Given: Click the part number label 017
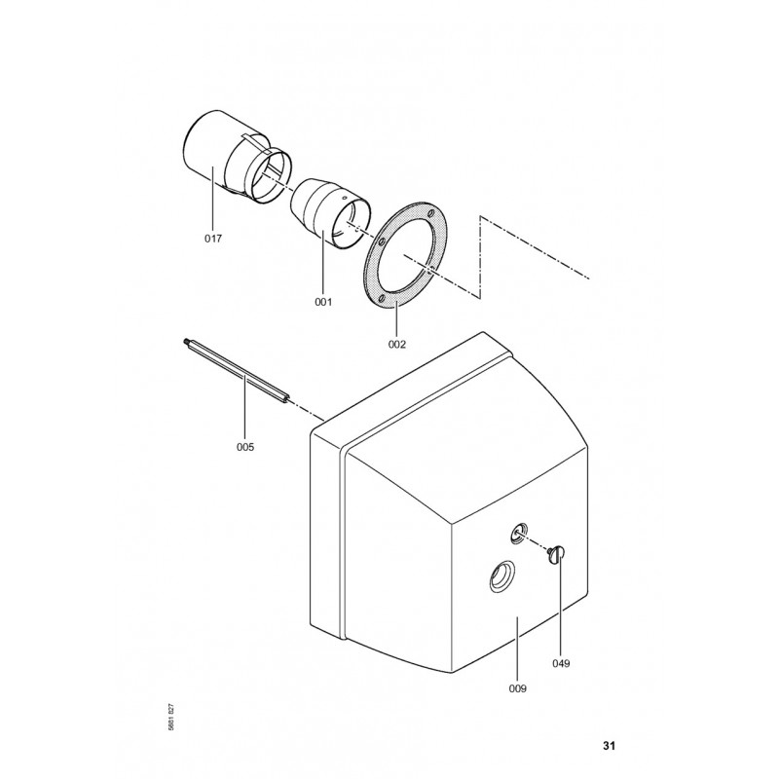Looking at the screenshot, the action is pyautogui.click(x=213, y=239).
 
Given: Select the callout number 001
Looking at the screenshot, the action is pyautogui.click(x=323, y=302).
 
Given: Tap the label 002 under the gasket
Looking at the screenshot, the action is pyautogui.click(x=396, y=345).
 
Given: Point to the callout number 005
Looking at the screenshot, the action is pyautogui.click(x=245, y=447).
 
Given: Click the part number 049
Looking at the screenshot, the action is pyautogui.click(x=561, y=663).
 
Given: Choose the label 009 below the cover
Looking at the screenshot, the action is pyautogui.click(x=517, y=688).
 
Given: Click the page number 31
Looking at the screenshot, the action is pyautogui.click(x=610, y=745).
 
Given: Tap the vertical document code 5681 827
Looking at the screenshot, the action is pyautogui.click(x=171, y=717).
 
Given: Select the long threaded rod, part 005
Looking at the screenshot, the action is pyautogui.click(x=236, y=372).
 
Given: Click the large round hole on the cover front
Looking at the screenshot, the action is pyautogui.click(x=501, y=576).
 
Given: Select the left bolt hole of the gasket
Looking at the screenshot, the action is pyautogui.click(x=381, y=241).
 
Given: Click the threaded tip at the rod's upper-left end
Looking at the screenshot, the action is pyautogui.click(x=185, y=342).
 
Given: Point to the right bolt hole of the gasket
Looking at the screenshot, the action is pyautogui.click(x=430, y=269).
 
